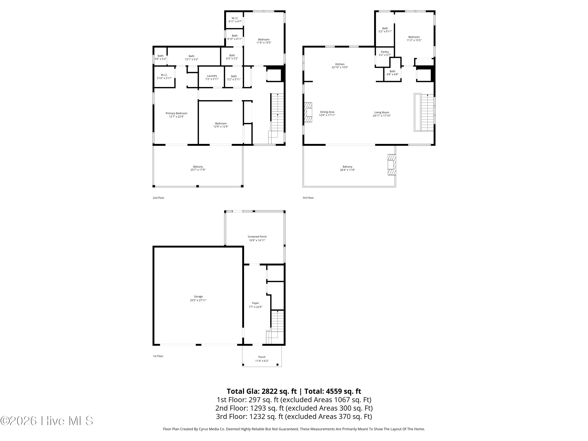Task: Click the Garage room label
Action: [198, 296]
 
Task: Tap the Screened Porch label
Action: [257, 237]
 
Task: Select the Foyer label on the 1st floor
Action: [255, 303]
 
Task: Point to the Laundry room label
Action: [212, 76]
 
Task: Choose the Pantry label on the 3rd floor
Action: [385, 52]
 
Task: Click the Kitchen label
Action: [340, 64]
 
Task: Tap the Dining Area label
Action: [327, 112]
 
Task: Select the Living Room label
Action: [381, 113]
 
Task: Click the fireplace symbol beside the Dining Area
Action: [308, 112]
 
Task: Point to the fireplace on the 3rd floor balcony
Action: [392, 165]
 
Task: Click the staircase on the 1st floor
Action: [276, 327]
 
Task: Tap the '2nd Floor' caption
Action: [158, 198]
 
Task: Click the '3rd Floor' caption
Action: [308, 198]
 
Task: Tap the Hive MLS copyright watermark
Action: [47, 421]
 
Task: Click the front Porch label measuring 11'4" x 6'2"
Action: [262, 357]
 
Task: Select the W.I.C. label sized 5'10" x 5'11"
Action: [164, 75]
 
